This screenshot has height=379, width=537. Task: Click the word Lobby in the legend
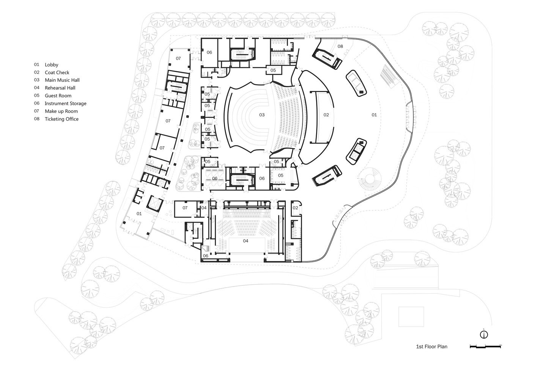tap(51, 65)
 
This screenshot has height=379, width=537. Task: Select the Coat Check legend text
tap(57, 72)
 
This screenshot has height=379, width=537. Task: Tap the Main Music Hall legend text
tap(62, 80)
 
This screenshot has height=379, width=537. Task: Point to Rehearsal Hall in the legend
tap(60, 88)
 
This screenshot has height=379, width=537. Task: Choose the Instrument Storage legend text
tap(65, 103)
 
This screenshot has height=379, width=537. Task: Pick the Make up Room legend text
tap(61, 111)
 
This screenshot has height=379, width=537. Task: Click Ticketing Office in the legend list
tap(61, 119)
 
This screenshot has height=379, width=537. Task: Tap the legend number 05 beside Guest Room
tap(36, 96)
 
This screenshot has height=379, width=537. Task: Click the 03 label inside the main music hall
tap(261, 114)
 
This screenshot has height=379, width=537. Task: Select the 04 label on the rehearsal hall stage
tap(245, 241)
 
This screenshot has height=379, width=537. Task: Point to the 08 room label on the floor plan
tap(340, 46)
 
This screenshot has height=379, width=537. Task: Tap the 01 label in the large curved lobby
tap(374, 114)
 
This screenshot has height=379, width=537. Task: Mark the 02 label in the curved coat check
tap(326, 114)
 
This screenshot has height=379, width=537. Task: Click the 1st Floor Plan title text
tap(431, 346)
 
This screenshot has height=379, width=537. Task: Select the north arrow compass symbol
tap(483, 334)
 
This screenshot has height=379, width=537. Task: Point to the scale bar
tap(485, 346)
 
